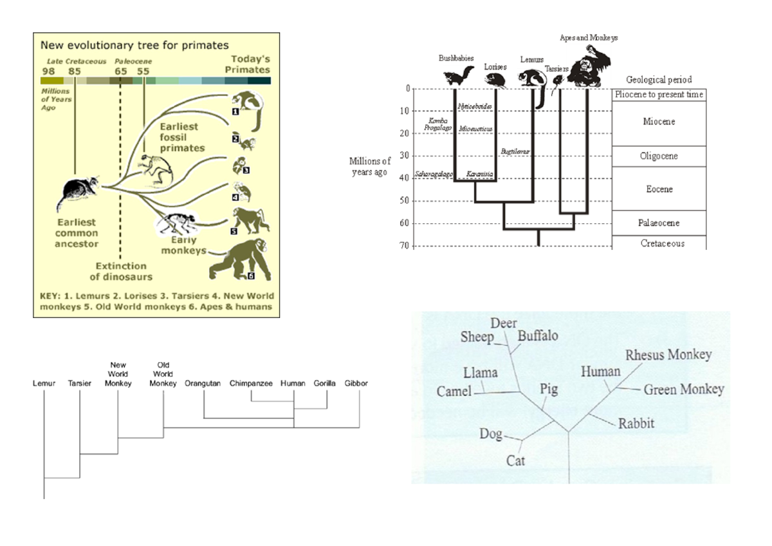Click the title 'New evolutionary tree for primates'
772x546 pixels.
click(x=134, y=45)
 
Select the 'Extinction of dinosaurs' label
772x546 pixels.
click(x=121, y=271)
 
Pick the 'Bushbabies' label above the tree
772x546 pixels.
click(x=456, y=58)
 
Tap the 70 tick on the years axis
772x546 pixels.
click(x=404, y=246)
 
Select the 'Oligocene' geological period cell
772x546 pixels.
click(x=659, y=156)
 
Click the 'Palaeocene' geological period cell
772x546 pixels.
click(x=659, y=223)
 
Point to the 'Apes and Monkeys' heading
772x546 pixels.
click(x=588, y=38)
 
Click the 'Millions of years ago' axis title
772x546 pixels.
click(x=369, y=167)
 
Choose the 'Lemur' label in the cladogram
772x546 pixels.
click(x=44, y=384)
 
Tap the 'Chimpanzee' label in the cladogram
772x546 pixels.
click(x=252, y=384)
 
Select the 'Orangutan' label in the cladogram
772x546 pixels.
click(x=203, y=384)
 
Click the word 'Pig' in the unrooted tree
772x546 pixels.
click(x=548, y=390)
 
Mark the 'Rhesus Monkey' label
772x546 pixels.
click(x=668, y=355)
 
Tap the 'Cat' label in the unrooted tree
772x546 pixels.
click(x=515, y=460)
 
